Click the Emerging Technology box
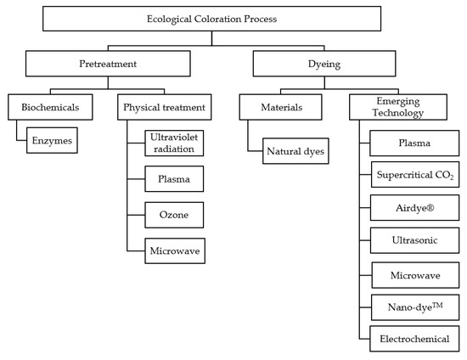coord(405,108)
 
